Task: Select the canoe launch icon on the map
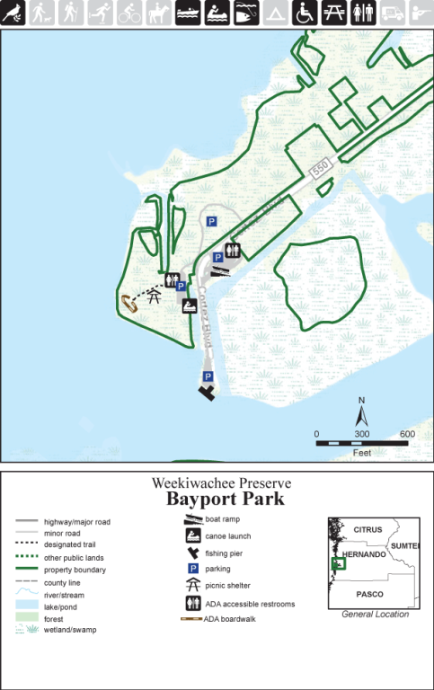[x=190, y=306]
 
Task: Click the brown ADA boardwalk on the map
[x=129, y=304]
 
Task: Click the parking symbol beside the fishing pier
[x=208, y=376]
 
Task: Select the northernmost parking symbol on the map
[x=212, y=222]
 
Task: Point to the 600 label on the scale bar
[x=406, y=434]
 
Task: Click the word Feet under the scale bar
[x=361, y=453]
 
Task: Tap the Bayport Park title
[x=225, y=499]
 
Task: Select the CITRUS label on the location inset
[x=368, y=529]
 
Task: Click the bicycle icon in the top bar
[x=130, y=13]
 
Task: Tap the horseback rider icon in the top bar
[x=159, y=13]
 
